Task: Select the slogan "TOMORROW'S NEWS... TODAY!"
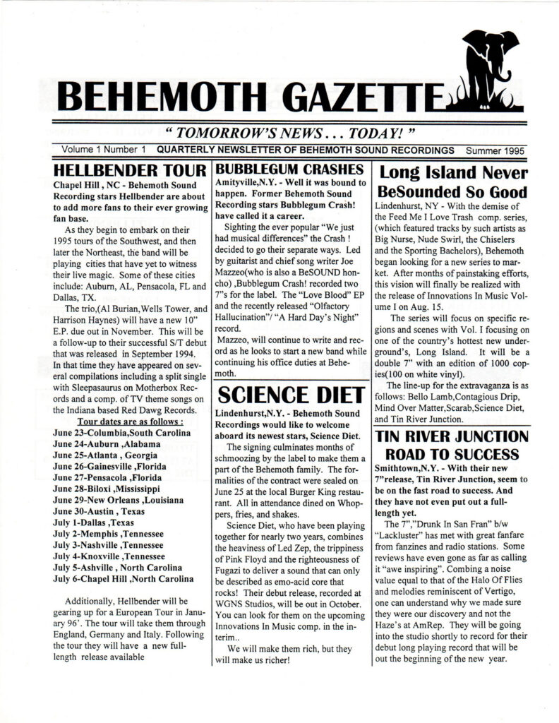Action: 279,135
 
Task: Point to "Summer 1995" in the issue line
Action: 493,151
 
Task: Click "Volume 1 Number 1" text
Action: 103,151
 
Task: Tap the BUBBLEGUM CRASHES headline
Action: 289,169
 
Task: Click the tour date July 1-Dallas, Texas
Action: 94,523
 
